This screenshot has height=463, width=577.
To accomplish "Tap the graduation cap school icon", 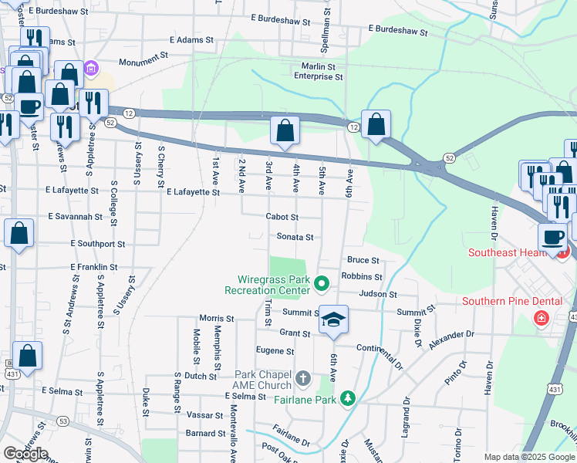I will tap(333, 320).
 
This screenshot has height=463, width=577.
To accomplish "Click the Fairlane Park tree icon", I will tap(349, 398).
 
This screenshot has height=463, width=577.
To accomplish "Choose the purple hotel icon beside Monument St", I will tap(91, 69).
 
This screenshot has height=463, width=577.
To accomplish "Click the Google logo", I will tap(25, 454).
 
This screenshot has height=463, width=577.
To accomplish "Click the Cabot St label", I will tap(282, 218).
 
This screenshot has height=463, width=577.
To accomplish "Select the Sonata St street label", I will tap(295, 238).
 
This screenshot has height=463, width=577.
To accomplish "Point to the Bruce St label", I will tap(363, 261).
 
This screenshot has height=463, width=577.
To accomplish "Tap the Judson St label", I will tap(378, 294).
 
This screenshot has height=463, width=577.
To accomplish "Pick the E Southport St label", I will tap(97, 244).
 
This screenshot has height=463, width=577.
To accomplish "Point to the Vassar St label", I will tap(205, 414).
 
